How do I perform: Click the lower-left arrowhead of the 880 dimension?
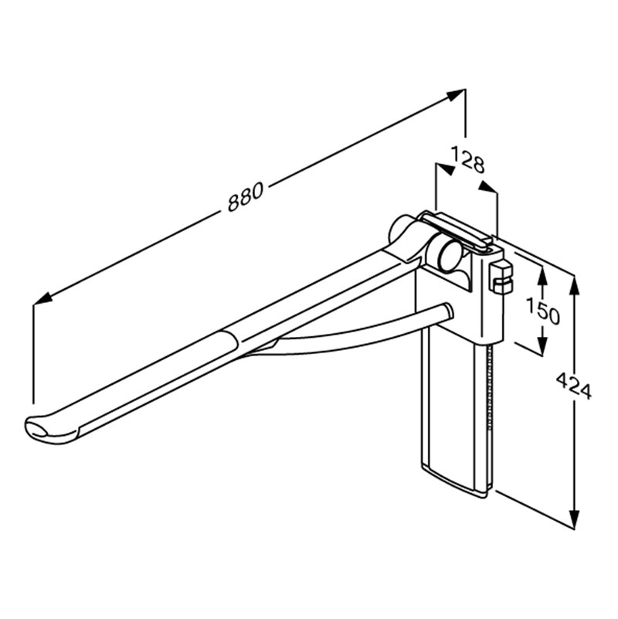[x=41, y=298]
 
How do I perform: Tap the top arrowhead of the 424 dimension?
[x=574, y=283]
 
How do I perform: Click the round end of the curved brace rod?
[x=446, y=311]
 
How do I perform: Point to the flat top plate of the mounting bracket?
[x=460, y=230]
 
